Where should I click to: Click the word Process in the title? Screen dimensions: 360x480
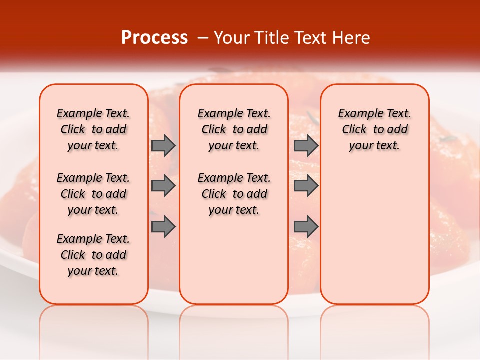point(154,38)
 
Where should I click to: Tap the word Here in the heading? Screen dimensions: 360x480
point(349,38)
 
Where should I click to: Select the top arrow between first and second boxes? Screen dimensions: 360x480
point(163,145)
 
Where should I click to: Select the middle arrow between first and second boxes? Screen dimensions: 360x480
point(163,186)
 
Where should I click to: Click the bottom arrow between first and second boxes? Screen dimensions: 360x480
point(163,226)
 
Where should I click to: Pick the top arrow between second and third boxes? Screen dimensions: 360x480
point(306,145)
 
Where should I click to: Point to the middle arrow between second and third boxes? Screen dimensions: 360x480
point(306,186)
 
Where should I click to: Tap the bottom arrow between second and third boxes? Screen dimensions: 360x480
point(306,226)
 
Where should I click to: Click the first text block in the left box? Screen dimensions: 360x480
point(93,129)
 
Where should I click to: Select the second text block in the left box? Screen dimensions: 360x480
point(93,194)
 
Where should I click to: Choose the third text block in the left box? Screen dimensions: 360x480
point(93,255)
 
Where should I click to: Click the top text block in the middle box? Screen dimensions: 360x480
point(234,129)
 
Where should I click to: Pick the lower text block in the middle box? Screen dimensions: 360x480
point(234,194)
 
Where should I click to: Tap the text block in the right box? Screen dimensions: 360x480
point(375,129)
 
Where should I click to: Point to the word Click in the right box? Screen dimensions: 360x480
point(354,130)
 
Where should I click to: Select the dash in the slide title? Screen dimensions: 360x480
point(203,38)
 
